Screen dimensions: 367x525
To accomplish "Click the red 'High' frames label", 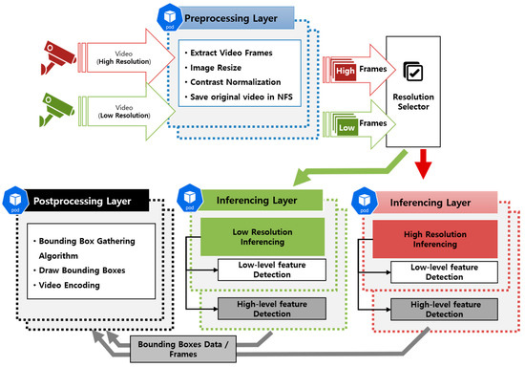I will pyautogui.click(x=346, y=69).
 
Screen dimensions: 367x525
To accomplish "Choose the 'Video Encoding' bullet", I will pyautogui.click(x=72, y=286).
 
